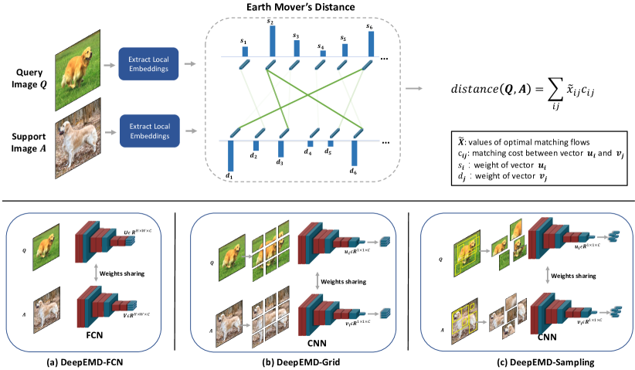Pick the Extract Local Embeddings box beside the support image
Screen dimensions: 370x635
pos(149,128)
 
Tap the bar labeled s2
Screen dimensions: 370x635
pos(270,41)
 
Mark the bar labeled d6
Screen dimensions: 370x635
pos(354,151)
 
